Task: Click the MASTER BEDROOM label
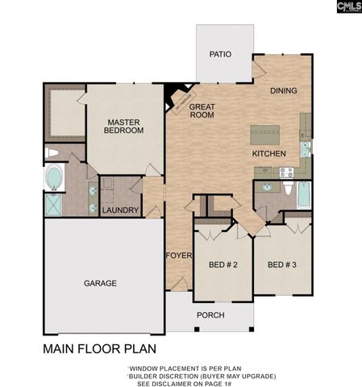[x=125, y=126]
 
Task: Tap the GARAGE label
[x=101, y=283]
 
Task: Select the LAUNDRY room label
[x=120, y=210]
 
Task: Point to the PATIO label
[x=220, y=55]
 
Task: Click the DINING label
[x=284, y=91]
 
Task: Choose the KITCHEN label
[x=269, y=152]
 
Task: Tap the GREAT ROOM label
[x=202, y=110]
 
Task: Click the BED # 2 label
[x=223, y=264]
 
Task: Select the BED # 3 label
[x=282, y=264]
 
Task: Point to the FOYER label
[x=178, y=256]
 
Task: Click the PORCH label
[x=210, y=314]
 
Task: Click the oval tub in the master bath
[x=54, y=177]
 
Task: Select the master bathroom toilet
[x=52, y=152]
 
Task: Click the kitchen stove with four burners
[x=285, y=171]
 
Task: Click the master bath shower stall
[x=53, y=206]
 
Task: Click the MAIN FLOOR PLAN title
[x=99, y=350]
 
